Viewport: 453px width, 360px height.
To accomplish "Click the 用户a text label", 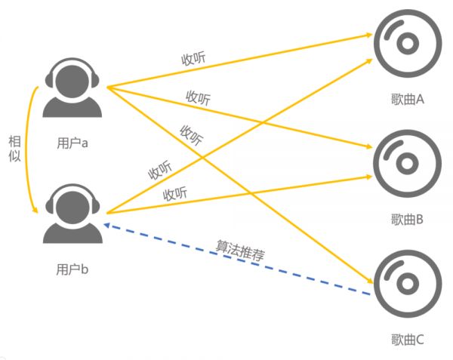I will (72, 142).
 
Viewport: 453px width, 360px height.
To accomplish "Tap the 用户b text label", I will (72, 268).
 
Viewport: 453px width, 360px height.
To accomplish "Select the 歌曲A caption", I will (408, 99).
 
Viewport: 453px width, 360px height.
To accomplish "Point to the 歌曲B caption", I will (408, 220).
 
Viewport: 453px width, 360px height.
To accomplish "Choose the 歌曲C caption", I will (408, 340).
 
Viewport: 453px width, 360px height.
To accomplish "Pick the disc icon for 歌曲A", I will (407, 42).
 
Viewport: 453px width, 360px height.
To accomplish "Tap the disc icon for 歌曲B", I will (407, 162).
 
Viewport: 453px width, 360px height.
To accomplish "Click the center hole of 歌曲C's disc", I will (408, 284).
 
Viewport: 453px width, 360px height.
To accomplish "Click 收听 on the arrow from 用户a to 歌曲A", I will (194, 59).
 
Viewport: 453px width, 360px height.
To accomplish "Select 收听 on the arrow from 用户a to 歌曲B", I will (199, 98).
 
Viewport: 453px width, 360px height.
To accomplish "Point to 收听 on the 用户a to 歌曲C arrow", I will (191, 135).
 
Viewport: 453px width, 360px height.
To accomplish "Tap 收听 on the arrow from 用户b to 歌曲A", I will (159, 170).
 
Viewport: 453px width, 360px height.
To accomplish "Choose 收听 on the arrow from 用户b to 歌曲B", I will (175, 193).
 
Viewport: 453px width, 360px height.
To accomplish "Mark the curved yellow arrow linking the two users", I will (32, 151).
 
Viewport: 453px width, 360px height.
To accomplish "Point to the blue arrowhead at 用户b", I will (108, 224).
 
